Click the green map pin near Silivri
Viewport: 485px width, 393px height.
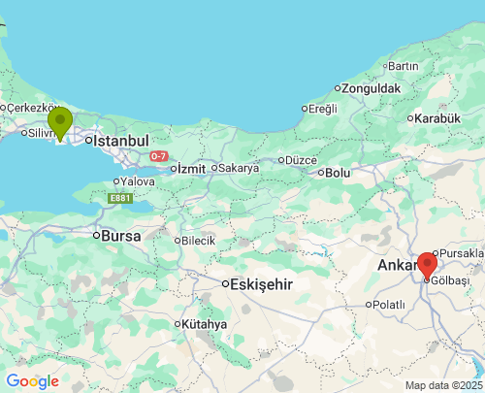(60, 123)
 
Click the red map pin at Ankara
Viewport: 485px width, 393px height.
(427, 264)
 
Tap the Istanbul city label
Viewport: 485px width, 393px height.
(119, 140)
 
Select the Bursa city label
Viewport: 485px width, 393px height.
(121, 235)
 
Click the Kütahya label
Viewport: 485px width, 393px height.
(205, 324)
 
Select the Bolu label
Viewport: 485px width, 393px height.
(338, 173)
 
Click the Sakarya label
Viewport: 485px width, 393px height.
(238, 168)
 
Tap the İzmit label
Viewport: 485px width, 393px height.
(191, 168)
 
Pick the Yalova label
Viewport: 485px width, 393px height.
(138, 180)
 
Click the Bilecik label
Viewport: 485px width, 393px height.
(198, 240)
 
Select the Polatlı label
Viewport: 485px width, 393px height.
(388, 304)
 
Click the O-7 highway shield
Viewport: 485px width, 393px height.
(160, 156)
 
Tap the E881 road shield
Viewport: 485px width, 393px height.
(119, 199)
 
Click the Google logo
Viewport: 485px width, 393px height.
(32, 381)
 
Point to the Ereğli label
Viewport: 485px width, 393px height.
(322, 109)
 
